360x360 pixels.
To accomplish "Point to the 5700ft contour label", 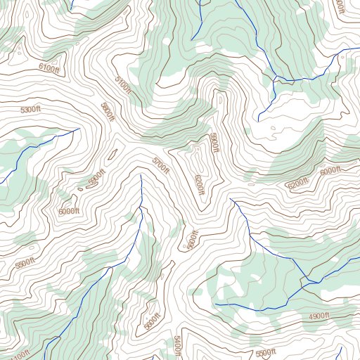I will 161,165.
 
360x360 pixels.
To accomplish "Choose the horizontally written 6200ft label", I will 297,184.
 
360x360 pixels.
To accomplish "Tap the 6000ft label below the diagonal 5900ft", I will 69,211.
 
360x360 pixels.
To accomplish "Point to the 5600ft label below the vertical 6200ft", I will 188,240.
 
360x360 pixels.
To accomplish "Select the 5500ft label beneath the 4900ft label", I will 266,352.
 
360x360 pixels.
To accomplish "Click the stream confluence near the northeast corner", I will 274,78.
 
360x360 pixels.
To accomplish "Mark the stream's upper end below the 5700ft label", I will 141,176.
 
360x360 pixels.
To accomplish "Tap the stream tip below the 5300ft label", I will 79,129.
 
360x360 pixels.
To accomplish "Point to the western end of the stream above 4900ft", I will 215,304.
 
